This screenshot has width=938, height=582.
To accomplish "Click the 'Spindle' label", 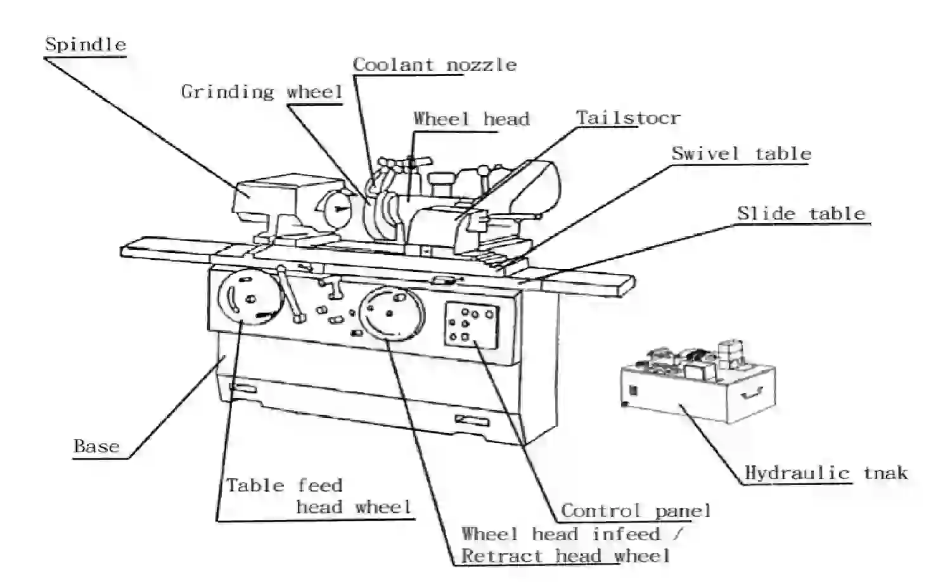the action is pyautogui.click(x=86, y=44).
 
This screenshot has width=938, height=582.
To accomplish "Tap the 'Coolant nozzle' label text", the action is pyautogui.click(x=435, y=65).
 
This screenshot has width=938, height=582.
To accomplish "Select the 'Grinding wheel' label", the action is pyautogui.click(x=262, y=92).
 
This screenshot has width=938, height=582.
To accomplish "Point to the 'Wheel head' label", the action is pyautogui.click(x=472, y=119).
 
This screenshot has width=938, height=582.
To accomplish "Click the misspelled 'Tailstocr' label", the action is pyautogui.click(x=628, y=118).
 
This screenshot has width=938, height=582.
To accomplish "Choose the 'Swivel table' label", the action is pyautogui.click(x=742, y=154).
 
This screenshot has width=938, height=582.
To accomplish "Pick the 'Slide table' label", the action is pyautogui.click(x=801, y=214).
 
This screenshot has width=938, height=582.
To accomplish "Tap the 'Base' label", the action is pyautogui.click(x=97, y=446).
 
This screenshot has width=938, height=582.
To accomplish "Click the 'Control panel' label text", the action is pyautogui.click(x=636, y=511).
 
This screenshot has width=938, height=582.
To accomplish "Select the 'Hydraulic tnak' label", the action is pyautogui.click(x=826, y=473).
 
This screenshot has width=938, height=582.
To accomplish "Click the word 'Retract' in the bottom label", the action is pyautogui.click(x=502, y=556).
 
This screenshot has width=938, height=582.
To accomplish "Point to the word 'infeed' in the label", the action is pyautogui.click(x=626, y=534).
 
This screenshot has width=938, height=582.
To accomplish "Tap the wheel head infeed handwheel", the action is pyautogui.click(x=392, y=314).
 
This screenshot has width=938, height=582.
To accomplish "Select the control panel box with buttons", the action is pyautogui.click(x=472, y=325).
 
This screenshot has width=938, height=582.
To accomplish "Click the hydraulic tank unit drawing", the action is pyautogui.click(x=698, y=381).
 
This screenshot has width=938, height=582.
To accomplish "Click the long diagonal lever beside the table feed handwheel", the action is pyautogui.click(x=290, y=295).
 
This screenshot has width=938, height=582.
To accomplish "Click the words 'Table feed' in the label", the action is pyautogui.click(x=285, y=486).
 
